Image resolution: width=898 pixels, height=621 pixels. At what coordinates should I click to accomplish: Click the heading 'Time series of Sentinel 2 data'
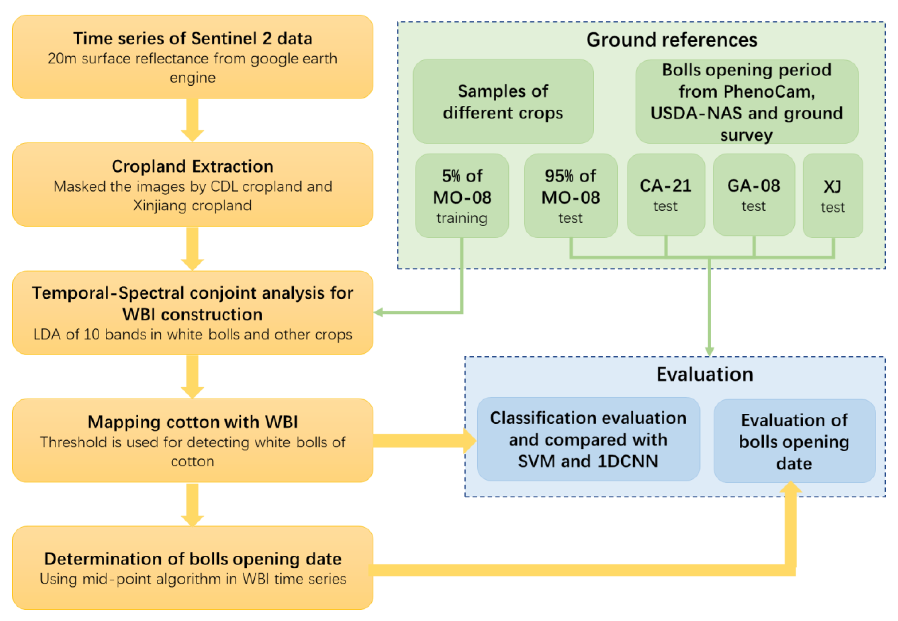[x=193, y=38]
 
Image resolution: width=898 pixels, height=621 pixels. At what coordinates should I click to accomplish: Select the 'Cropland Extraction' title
[x=193, y=166]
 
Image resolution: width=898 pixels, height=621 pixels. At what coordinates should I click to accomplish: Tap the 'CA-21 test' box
[x=665, y=195]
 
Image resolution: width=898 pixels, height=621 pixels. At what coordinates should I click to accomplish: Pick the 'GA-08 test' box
[x=753, y=195]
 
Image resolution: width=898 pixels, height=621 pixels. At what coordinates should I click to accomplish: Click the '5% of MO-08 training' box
[x=461, y=196]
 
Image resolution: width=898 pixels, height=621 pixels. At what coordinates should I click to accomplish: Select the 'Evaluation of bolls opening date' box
[x=794, y=441]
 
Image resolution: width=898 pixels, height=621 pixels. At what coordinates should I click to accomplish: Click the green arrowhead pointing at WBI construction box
[x=378, y=312]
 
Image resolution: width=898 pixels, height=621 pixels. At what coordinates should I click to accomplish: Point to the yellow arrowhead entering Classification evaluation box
[x=470, y=440]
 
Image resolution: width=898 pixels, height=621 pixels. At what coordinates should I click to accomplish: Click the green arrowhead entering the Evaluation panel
[x=709, y=351]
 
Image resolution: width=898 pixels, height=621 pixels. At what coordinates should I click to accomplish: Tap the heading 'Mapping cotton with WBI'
[x=193, y=422]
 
